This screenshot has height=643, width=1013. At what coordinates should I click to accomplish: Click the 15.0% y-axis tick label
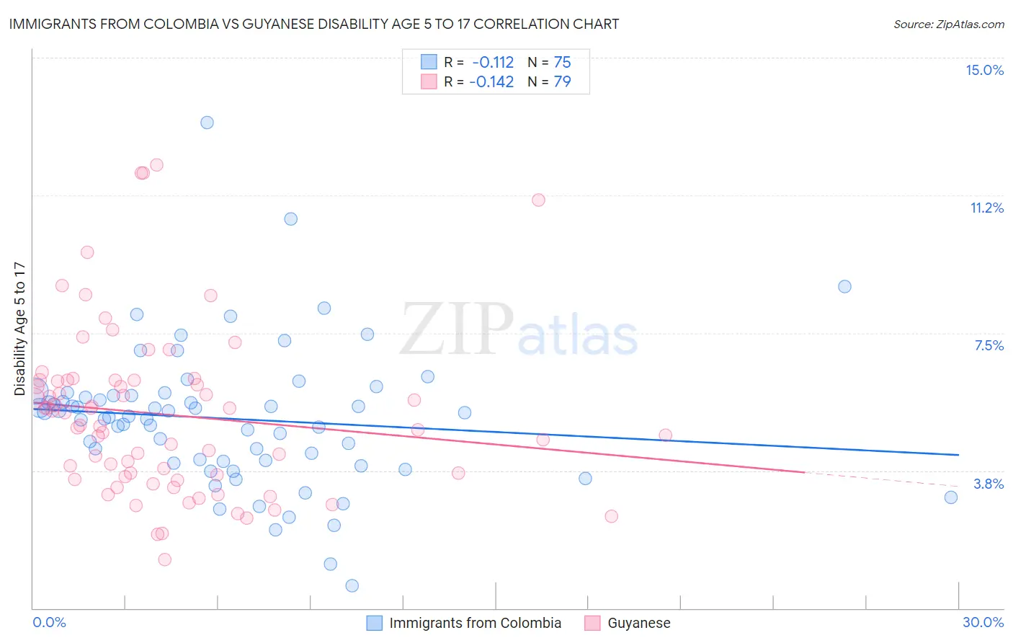tap(984, 70)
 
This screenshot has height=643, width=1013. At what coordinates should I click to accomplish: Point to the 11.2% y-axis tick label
tap(986, 208)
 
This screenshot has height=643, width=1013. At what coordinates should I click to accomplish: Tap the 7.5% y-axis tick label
tap(989, 345)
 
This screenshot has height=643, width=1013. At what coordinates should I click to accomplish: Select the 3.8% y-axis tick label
tap(989, 484)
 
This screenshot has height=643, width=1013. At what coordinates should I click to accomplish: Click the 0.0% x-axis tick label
tap(49, 622)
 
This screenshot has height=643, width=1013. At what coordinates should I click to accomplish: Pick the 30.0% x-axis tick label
tap(983, 622)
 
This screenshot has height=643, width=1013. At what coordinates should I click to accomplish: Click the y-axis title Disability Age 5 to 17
tap(19, 329)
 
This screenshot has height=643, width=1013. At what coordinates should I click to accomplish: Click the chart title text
tap(314, 24)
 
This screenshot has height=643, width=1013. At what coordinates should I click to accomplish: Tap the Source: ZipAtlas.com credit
tap(948, 24)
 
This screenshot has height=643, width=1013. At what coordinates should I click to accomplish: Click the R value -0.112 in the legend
tap(493, 62)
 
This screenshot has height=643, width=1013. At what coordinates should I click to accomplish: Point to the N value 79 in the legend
tap(562, 81)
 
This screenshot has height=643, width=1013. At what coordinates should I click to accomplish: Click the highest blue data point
tap(207, 123)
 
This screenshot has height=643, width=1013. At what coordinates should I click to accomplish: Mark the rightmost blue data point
tap(951, 497)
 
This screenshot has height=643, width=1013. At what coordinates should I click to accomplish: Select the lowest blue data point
tap(352, 585)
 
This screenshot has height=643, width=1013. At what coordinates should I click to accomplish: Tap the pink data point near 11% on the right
tap(538, 200)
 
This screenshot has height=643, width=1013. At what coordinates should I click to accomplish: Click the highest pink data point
tap(156, 165)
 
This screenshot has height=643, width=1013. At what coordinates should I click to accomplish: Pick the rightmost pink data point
tap(665, 435)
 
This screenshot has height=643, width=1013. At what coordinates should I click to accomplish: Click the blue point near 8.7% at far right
tap(844, 286)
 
